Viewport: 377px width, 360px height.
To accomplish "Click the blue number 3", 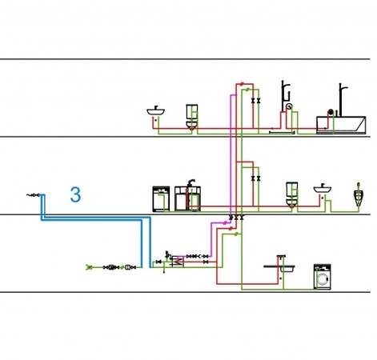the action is (x=75, y=194).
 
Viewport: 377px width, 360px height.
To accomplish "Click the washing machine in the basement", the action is (x=323, y=277).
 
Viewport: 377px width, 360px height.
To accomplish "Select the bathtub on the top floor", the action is (x=341, y=125).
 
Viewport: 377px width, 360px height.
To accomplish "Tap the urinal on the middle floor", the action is (x=359, y=195).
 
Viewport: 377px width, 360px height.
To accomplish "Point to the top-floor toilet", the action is (x=192, y=117).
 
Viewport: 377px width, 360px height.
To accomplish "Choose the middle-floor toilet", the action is (x=291, y=194).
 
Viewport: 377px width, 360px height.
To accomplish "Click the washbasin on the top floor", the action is (x=155, y=110).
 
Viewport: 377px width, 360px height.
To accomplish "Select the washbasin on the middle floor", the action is (x=323, y=188).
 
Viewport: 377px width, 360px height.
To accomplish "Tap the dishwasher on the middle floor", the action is (x=161, y=199).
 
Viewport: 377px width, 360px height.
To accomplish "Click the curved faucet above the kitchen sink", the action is (x=191, y=182).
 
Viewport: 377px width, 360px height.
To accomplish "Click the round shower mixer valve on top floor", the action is (x=289, y=106).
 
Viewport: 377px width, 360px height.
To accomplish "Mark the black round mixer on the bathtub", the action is (x=331, y=112).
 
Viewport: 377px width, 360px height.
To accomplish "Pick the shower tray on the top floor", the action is (x=282, y=132).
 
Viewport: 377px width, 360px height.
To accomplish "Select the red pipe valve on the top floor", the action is (x=253, y=101).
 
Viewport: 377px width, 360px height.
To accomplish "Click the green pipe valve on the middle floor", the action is (x=259, y=178).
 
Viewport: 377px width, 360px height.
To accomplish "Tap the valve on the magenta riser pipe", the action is (x=231, y=218).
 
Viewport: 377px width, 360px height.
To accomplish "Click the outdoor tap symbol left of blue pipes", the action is (x=34, y=195).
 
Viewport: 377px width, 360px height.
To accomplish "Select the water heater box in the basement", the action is (x=177, y=261).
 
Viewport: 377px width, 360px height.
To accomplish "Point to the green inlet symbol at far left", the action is (x=89, y=267).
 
